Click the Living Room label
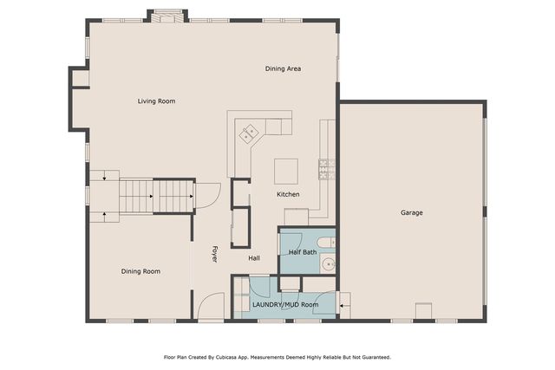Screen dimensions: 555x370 pyautogui.click(x=156, y=101)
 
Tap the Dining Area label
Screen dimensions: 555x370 pyautogui.click(x=284, y=68)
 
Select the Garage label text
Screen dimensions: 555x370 pyautogui.click(x=412, y=212)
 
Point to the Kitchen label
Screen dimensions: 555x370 pyautogui.click(x=288, y=194)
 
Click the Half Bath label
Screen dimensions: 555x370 pyautogui.click(x=303, y=252)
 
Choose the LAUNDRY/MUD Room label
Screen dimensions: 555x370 pyautogui.click(x=285, y=304)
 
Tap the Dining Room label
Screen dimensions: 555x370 pyautogui.click(x=140, y=271)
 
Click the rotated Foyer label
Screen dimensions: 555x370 pyautogui.click(x=214, y=255)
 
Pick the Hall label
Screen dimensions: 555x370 pyautogui.click(x=254, y=258)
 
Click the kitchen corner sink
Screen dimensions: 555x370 pyautogui.click(x=249, y=134)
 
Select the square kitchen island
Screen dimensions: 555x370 pyautogui.click(x=286, y=172)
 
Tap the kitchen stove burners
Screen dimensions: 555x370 pyautogui.click(x=327, y=169)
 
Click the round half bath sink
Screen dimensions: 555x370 pyautogui.click(x=329, y=264)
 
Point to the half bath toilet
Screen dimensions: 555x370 pyautogui.click(x=326, y=243)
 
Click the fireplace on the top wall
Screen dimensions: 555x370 pyautogui.click(x=167, y=16)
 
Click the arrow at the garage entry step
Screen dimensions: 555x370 pyautogui.click(x=342, y=305)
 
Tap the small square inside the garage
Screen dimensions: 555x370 pyautogui.click(x=424, y=311)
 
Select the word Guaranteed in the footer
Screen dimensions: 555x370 pyautogui.click(x=376, y=358)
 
